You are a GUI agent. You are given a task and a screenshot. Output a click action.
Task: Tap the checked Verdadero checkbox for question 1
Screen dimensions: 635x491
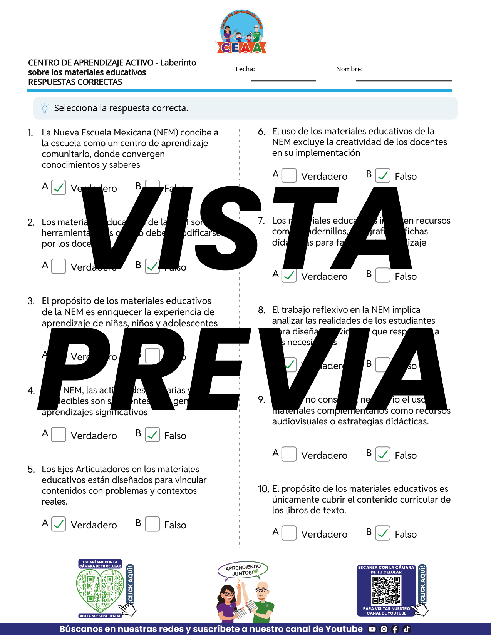[x=59, y=187]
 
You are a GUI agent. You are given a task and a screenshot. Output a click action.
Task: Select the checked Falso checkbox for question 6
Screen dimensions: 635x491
[x=383, y=175]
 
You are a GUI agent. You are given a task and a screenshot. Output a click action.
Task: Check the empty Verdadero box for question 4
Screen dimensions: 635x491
[x=59, y=435]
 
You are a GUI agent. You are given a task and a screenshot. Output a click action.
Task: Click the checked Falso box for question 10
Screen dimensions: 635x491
[x=383, y=533]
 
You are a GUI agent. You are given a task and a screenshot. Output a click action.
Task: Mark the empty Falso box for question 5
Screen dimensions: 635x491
[x=152, y=524]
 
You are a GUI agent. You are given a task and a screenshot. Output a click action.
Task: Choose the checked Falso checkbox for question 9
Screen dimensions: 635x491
[x=383, y=454]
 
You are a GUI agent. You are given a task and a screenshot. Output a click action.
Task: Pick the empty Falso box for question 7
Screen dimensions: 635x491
[x=383, y=275]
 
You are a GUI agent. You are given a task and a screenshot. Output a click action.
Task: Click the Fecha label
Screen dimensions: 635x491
[x=245, y=69]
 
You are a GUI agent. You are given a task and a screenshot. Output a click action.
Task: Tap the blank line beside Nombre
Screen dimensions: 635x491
[x=404, y=79]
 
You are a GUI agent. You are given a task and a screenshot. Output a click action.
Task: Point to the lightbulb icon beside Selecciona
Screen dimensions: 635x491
[x=45, y=108]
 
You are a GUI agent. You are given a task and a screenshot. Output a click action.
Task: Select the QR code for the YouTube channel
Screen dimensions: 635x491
[x=386, y=590]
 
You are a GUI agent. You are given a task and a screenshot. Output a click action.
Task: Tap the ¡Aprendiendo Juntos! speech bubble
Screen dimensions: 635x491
[x=243, y=570]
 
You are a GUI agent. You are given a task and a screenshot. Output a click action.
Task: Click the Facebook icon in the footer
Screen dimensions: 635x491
[x=395, y=629]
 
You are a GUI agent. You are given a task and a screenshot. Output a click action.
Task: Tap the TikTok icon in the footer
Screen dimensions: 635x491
[x=407, y=629]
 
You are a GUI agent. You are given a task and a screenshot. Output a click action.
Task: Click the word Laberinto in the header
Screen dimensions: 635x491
[x=178, y=63]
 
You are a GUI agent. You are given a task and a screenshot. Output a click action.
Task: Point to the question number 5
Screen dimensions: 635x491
[x=31, y=470]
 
